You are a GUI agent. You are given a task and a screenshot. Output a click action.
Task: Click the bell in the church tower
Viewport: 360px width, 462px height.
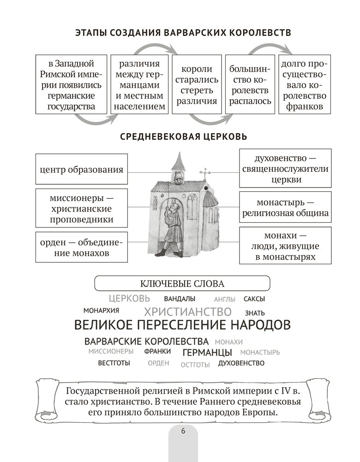[177, 176]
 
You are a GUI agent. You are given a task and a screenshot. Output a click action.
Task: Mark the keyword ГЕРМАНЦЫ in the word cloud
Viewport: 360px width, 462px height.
[207, 353]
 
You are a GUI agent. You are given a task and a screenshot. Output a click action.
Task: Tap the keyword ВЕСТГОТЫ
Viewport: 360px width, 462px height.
[114, 363]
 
